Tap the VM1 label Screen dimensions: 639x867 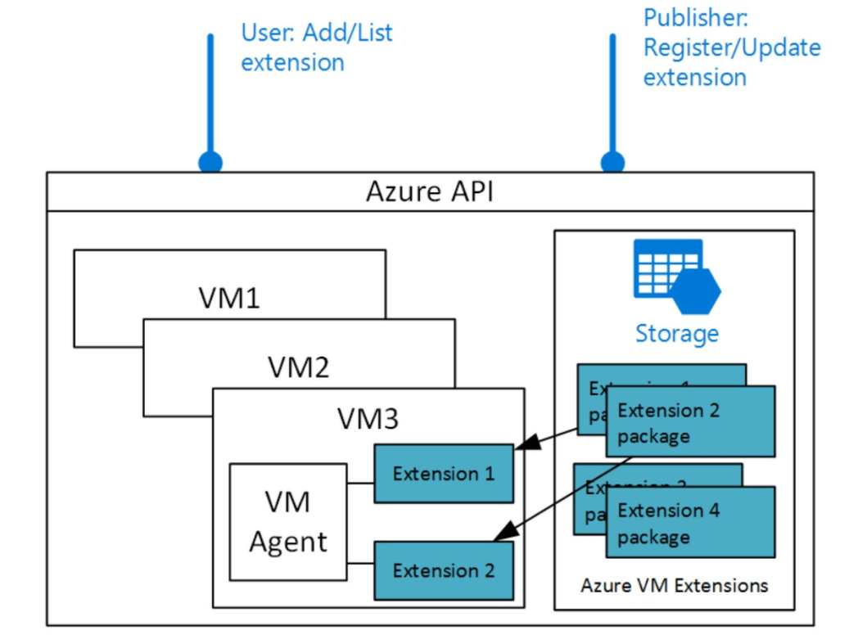click(x=229, y=299)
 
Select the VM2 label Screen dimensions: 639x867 click(x=299, y=367)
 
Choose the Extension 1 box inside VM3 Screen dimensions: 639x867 click(x=444, y=474)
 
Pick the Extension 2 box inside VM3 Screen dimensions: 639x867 click(x=444, y=570)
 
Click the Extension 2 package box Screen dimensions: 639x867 click(x=689, y=422)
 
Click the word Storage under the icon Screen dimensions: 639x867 click(x=677, y=334)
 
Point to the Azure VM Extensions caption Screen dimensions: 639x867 click(x=675, y=586)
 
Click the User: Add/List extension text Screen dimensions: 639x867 click(x=316, y=47)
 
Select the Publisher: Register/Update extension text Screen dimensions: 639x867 click(x=731, y=47)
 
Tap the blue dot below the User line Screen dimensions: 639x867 click(x=210, y=162)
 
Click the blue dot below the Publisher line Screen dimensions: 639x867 click(x=612, y=162)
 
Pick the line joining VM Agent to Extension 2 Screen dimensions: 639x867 click(x=361, y=562)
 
